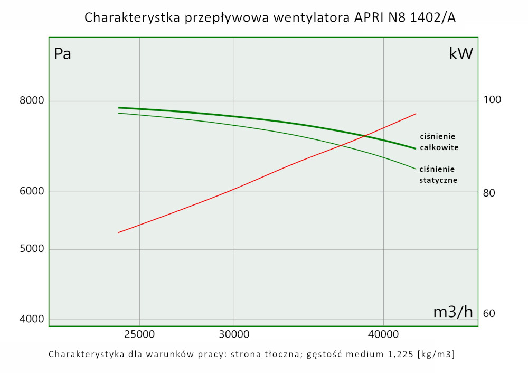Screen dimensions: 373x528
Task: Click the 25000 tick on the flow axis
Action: pyautogui.click(x=139, y=334)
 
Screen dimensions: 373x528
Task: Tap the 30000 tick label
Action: pyautogui.click(x=234, y=334)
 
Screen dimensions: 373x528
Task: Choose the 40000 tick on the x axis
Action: pyautogui.click(x=383, y=334)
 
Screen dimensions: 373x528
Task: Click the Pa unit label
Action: pyautogui.click(x=63, y=54)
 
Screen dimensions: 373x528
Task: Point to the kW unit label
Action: pyautogui.click(x=461, y=53)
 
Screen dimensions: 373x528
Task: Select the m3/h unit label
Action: pyautogui.click(x=453, y=312)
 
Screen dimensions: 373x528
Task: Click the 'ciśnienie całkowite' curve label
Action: pyautogui.click(x=439, y=142)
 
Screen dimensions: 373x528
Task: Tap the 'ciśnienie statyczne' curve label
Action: pyautogui.click(x=438, y=174)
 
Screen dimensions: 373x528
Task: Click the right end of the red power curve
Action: pyautogui.click(x=416, y=114)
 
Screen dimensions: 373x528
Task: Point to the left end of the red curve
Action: pyautogui.click(x=118, y=232)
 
